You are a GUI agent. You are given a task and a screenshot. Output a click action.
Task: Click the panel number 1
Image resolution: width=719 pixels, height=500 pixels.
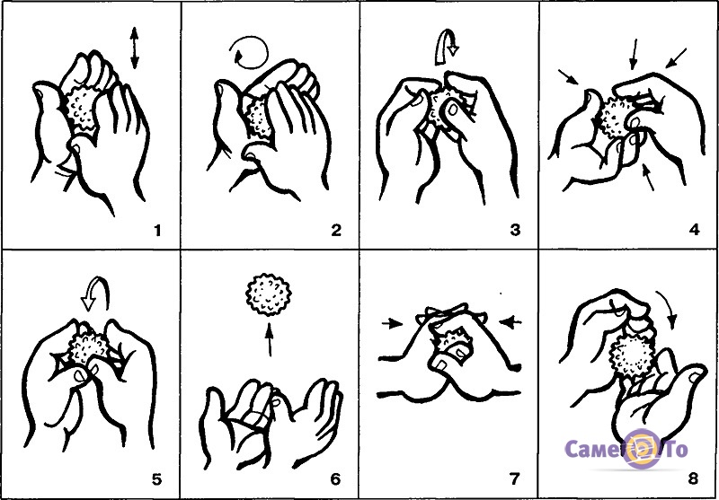(158, 231)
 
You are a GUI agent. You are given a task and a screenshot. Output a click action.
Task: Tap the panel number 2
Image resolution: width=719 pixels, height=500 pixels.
(336, 231)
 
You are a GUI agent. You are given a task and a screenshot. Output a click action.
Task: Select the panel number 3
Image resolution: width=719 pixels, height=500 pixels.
(515, 231)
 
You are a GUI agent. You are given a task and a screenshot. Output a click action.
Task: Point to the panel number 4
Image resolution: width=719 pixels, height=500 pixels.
(694, 231)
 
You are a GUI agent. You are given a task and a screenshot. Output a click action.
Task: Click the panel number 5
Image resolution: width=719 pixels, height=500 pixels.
(156, 479)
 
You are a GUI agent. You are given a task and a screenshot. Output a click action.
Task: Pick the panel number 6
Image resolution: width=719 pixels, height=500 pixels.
(335, 479)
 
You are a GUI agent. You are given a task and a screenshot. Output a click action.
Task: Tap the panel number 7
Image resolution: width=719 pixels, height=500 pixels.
(514, 479)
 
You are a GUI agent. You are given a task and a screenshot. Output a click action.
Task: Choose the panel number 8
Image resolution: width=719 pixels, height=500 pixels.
(693, 479)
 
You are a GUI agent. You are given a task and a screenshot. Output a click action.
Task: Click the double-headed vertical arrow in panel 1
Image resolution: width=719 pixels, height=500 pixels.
(134, 48)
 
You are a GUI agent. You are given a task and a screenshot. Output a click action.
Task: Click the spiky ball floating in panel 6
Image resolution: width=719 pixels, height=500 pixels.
(269, 294)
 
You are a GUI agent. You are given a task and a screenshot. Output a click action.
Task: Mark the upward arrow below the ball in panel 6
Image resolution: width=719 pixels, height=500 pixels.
(269, 339)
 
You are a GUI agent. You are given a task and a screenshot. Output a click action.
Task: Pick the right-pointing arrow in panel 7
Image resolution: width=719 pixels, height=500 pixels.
(392, 324)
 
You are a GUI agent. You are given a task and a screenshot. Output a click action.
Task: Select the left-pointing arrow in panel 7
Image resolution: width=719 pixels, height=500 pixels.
(510, 323)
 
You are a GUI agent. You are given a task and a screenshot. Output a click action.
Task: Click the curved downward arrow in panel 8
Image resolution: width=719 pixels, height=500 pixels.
(668, 308)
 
